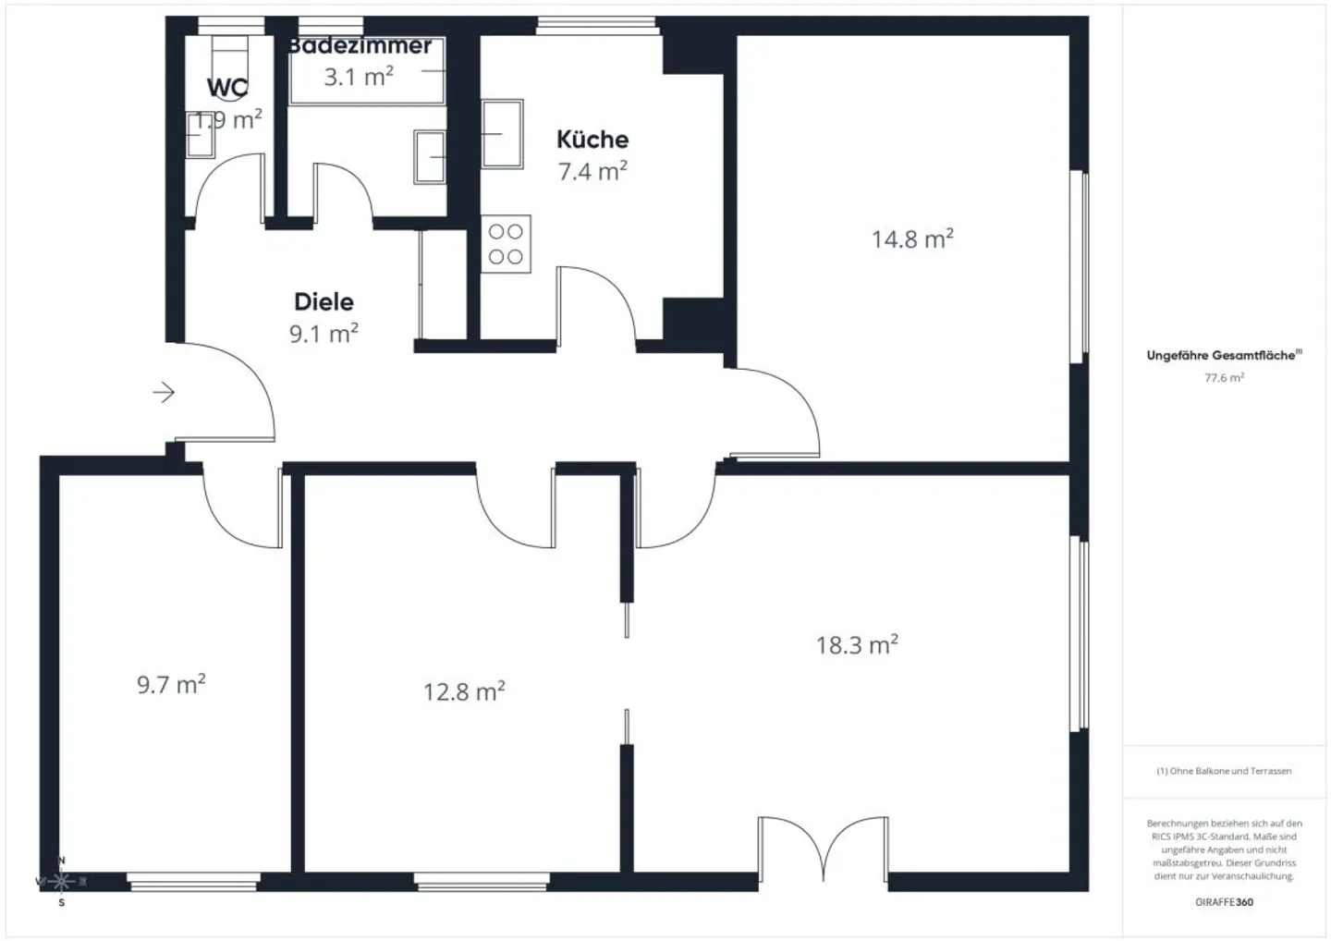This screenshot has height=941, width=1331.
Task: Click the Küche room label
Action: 592,140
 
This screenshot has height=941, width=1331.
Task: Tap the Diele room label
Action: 324,301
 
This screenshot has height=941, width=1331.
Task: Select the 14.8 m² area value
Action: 912,239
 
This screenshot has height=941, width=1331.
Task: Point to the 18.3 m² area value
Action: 857,644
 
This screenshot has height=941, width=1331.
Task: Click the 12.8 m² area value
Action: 464,691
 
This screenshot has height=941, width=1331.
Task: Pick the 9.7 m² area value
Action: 171,685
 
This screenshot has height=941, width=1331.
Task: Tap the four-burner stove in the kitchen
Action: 506,244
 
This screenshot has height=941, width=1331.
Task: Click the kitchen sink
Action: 503,134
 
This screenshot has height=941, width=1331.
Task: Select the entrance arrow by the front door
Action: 164,393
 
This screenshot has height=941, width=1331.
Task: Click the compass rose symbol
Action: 61,881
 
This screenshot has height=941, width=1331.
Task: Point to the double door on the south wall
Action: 823,850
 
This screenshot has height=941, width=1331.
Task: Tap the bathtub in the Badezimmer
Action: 367,71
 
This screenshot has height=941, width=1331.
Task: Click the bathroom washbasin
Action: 430,156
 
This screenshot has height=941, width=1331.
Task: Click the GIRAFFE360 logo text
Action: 1224,902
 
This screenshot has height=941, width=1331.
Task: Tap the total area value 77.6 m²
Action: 1224,377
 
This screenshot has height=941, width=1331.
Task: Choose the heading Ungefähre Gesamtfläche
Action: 1222,355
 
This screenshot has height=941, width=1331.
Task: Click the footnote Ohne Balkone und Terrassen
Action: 1224,771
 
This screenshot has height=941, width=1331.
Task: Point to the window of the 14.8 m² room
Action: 1079,266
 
